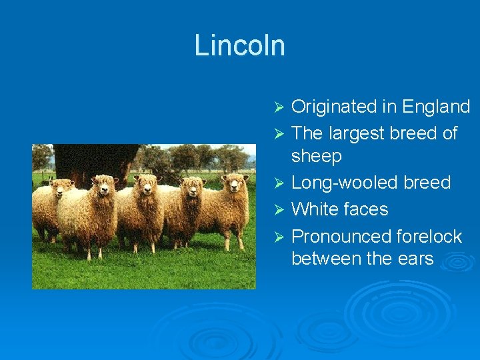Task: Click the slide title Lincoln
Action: (x=239, y=45)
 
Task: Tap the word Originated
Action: (x=334, y=107)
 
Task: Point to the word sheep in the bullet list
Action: (x=316, y=156)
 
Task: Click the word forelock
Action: (x=429, y=237)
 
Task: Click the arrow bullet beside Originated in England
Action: (x=280, y=107)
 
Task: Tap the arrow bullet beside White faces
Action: (x=280, y=210)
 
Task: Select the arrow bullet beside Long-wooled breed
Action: (x=280, y=183)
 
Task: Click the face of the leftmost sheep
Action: (x=64, y=188)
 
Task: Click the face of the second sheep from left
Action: (x=105, y=186)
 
